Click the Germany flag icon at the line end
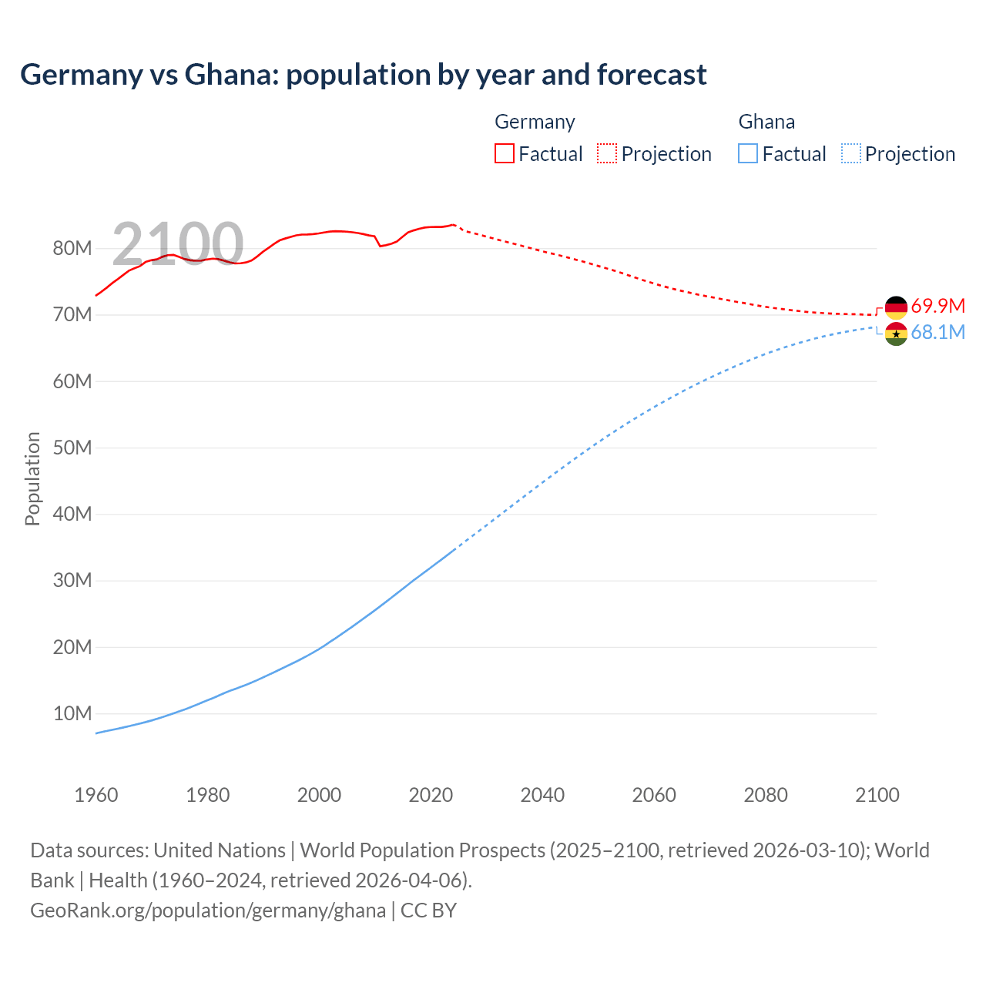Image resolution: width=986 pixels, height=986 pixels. (x=896, y=307)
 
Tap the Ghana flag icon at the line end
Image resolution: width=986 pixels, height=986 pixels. (x=896, y=334)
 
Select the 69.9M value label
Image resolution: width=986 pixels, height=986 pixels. (x=937, y=306)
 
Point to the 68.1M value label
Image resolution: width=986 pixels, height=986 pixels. (x=937, y=332)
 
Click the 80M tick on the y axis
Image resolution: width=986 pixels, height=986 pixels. (x=72, y=248)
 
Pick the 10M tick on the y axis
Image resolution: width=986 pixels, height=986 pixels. (x=72, y=713)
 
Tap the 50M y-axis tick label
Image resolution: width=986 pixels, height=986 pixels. (x=72, y=448)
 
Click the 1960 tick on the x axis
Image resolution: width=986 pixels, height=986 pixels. (x=96, y=795)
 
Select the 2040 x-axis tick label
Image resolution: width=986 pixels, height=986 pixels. (x=542, y=795)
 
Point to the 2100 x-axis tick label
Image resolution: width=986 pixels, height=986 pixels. (x=877, y=795)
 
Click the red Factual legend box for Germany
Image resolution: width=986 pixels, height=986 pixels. (x=504, y=153)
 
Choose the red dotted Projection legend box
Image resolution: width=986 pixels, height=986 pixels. (x=607, y=153)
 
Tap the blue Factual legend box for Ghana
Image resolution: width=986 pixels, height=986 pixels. (x=748, y=153)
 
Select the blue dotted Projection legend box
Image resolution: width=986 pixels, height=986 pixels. (x=850, y=153)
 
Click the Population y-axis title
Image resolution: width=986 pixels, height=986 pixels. (x=32, y=478)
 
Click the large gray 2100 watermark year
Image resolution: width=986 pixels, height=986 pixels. (x=178, y=243)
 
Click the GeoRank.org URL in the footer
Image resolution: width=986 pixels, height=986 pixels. (x=208, y=910)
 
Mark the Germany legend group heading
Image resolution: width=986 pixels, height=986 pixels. (x=535, y=122)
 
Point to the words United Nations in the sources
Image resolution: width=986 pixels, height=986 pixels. (x=220, y=850)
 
